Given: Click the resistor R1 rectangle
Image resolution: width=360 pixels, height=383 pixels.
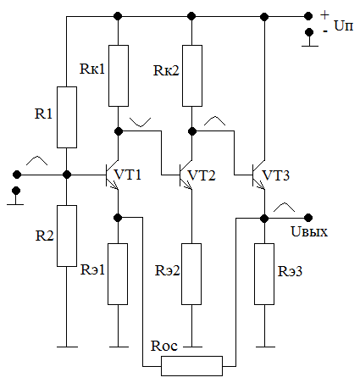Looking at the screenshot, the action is tap(67, 117).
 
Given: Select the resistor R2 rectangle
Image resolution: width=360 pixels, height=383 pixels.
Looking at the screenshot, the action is tap(67, 236).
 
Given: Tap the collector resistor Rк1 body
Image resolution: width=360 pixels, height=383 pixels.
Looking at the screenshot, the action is tap(119, 75).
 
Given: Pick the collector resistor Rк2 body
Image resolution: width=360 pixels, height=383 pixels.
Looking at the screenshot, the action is tap(192, 75).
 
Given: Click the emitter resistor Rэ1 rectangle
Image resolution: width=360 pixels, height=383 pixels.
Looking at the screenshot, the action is tap(118, 274).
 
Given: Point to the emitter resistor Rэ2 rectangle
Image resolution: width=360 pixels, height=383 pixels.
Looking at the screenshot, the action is tap(191, 274).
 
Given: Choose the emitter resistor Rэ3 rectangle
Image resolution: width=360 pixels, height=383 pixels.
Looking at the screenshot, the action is tap(264, 274).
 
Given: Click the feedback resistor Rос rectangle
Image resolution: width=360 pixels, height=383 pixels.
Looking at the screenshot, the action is tap(192, 366).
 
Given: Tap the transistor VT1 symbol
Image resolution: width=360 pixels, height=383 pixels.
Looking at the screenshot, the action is tap(112, 175).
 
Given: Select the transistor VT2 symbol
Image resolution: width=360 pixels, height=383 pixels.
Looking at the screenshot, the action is tap(186, 175).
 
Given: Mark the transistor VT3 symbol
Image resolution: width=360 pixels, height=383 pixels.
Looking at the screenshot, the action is tap(259, 175).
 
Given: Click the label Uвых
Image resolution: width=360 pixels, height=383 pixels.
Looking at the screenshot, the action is tap(309, 231).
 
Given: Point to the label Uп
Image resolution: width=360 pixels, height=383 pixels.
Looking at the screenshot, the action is tap(344, 25).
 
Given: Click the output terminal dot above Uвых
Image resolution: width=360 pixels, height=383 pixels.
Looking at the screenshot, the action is tap(308, 218).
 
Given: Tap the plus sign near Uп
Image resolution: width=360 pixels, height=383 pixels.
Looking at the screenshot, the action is tap(325, 14).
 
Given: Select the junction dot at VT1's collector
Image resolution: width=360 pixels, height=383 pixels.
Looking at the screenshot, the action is tap(119, 131).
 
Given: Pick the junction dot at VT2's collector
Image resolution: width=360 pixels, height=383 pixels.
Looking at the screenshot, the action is tap(192, 131).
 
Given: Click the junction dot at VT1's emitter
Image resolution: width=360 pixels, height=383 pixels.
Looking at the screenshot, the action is tap(118, 218).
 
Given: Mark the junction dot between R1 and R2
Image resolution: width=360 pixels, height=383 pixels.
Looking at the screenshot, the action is tap(67, 175).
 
